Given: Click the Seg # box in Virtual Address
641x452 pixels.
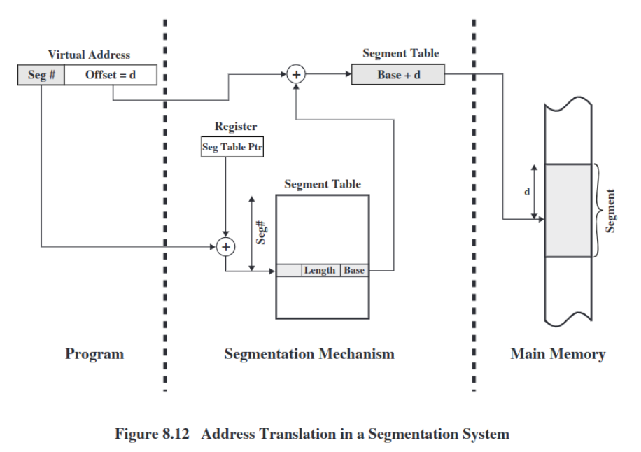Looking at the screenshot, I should (x=41, y=75).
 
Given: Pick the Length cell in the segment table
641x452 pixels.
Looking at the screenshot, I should (x=320, y=271).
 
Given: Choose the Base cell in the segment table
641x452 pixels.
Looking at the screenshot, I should (x=354, y=271).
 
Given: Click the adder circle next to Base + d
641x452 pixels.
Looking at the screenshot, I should (x=297, y=75).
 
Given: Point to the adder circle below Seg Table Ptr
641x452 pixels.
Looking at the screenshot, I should (x=226, y=246).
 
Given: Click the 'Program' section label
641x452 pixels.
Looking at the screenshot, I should (x=94, y=354).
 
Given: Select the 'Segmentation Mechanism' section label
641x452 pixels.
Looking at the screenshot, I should (x=309, y=354).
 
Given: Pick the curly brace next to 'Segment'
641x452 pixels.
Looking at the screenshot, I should (x=599, y=210).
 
